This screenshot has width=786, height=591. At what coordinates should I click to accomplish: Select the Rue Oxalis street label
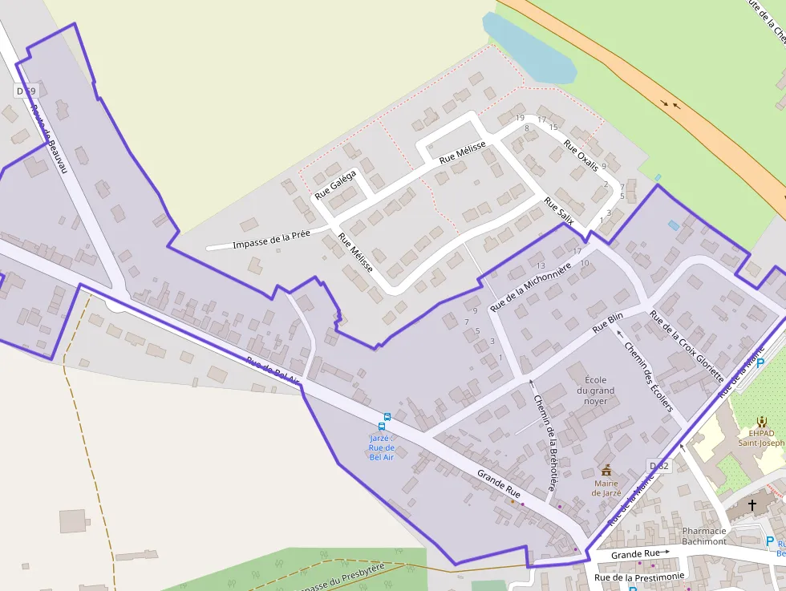[x=581, y=156]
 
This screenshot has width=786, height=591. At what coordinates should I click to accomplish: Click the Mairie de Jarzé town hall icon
[x=606, y=469]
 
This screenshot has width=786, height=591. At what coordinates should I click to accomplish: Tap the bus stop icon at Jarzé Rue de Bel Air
[x=387, y=417]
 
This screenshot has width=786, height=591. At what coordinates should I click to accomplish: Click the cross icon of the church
[x=752, y=505]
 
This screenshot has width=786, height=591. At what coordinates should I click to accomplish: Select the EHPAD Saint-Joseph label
[x=761, y=436]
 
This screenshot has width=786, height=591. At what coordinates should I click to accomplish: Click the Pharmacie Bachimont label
[x=704, y=536]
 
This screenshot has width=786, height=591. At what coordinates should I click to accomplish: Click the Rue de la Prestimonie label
[x=639, y=577]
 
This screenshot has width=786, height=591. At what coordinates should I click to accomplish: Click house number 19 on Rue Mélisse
[x=520, y=118]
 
